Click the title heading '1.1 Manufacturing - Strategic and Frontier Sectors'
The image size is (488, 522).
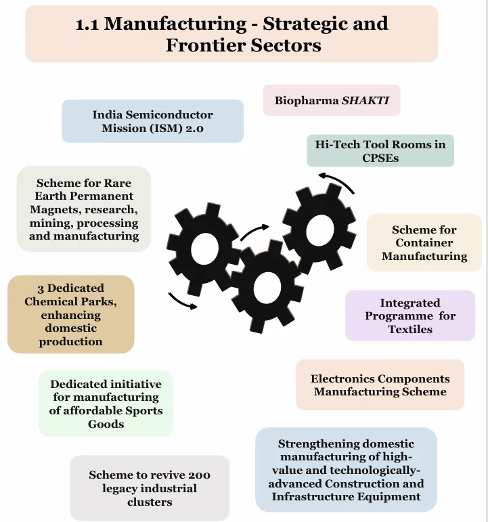[232, 34]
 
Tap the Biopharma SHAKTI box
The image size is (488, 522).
[331, 100]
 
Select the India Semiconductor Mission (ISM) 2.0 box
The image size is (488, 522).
[152, 121]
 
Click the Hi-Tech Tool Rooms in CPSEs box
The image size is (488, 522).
[380, 150]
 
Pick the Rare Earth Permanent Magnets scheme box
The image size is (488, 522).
[84, 209]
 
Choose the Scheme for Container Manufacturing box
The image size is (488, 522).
[424, 243]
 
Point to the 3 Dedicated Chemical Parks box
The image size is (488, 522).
[70, 314]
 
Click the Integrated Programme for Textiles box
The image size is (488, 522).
[410, 316]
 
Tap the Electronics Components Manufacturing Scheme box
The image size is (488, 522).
[380, 385]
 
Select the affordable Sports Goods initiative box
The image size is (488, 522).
[106, 404]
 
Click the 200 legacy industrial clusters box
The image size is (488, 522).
[150, 488]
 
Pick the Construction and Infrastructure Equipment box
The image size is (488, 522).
[346, 470]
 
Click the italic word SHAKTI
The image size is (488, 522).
[370, 100]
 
